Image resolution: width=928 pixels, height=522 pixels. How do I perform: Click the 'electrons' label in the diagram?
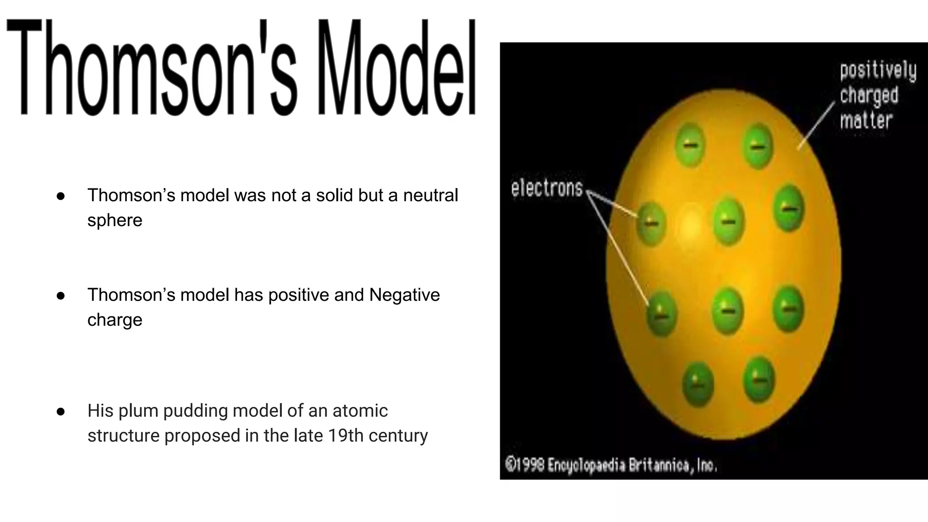pyautogui.click(x=546, y=188)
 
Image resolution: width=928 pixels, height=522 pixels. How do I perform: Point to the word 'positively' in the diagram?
pyautogui.click(x=878, y=72)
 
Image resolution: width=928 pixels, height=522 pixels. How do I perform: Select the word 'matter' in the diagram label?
pyautogui.click(x=866, y=121)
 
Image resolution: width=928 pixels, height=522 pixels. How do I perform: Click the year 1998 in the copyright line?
pyautogui.click(x=530, y=465)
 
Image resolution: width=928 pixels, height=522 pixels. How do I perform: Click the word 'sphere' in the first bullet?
pyautogui.click(x=115, y=220)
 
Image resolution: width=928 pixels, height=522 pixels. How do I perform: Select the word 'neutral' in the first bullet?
pyautogui.click(x=430, y=195)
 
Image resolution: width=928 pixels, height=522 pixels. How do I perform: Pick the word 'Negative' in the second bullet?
pyautogui.click(x=404, y=295)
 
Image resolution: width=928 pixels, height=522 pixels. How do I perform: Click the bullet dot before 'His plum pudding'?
pyautogui.click(x=61, y=411)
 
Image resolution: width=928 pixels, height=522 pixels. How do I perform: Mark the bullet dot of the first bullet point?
pyautogui.click(x=61, y=196)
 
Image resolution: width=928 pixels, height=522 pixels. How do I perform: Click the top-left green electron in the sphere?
pyautogui.click(x=690, y=145)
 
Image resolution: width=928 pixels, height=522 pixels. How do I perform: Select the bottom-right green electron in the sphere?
pyautogui.click(x=759, y=380)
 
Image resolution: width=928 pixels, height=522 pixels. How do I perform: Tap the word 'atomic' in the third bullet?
pyautogui.click(x=360, y=411)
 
